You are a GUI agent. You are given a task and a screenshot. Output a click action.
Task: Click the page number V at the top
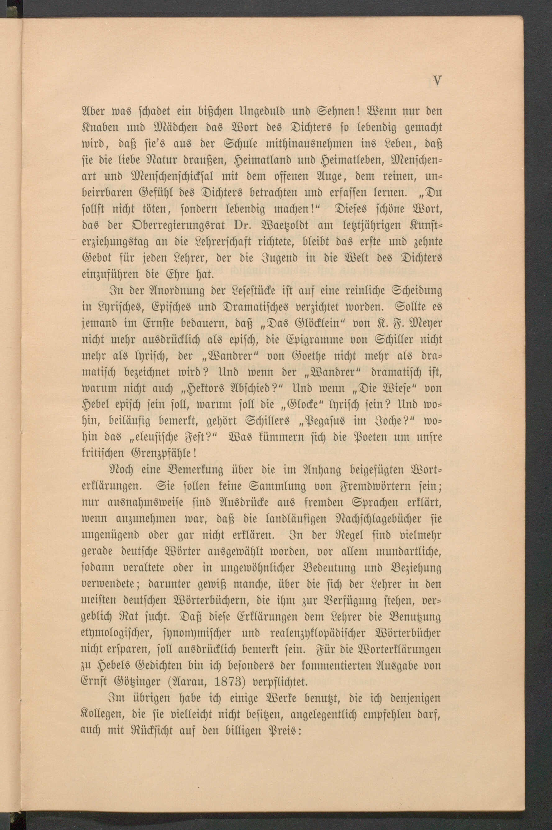coord(437,81)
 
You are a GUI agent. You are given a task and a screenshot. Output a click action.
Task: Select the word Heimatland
coord(263,161)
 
